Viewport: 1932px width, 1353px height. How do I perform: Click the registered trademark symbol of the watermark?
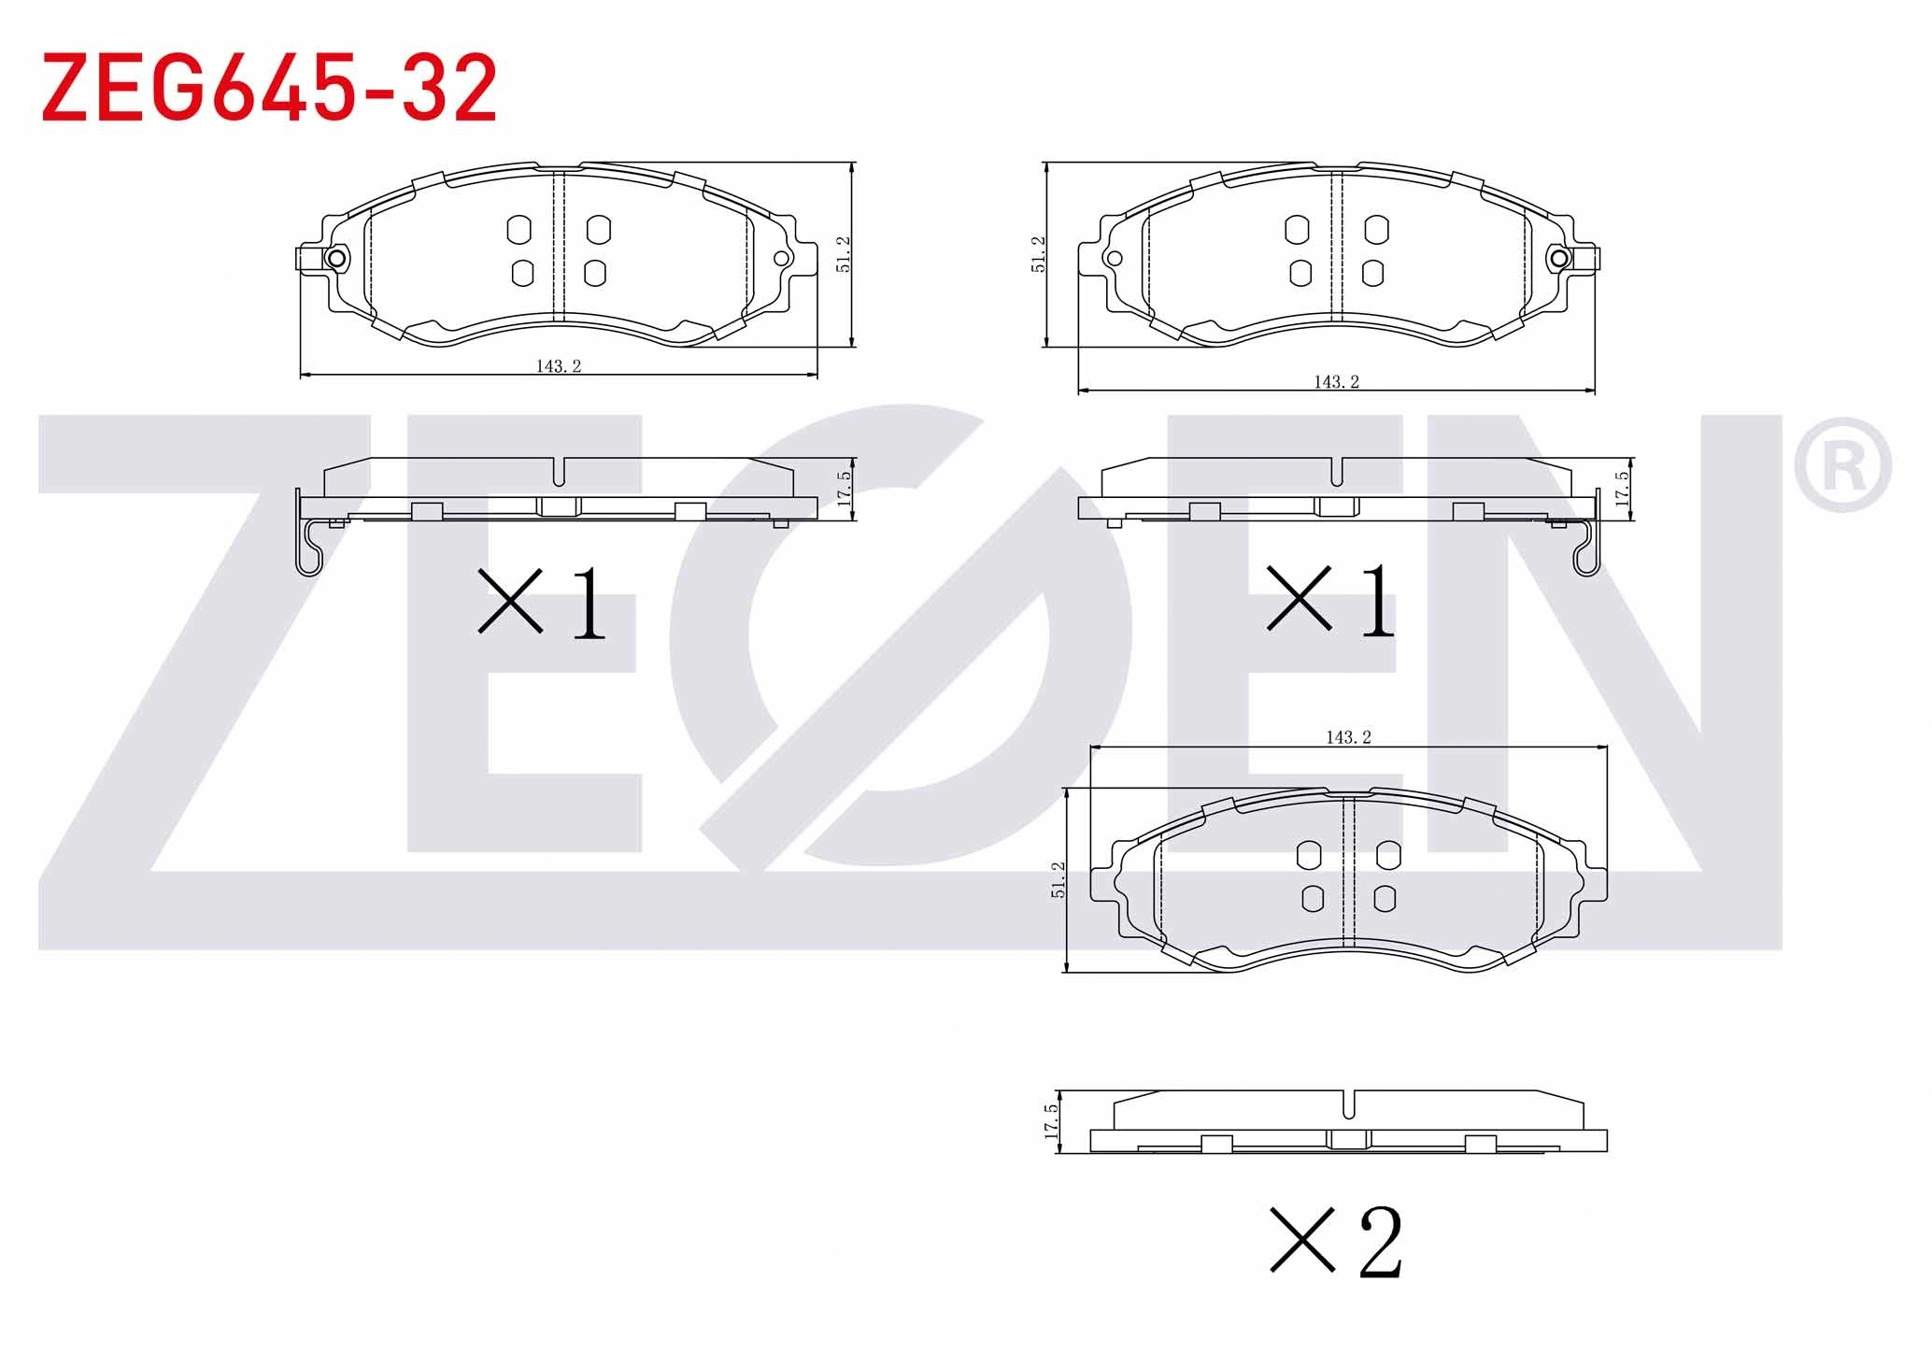click(x=1842, y=464)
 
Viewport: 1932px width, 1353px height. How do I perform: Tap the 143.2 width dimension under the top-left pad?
click(x=559, y=365)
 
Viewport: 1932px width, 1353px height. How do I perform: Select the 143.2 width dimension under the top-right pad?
click(x=1337, y=381)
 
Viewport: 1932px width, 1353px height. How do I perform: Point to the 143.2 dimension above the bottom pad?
click(x=1348, y=737)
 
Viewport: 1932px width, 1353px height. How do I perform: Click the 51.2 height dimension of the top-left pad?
click(x=844, y=254)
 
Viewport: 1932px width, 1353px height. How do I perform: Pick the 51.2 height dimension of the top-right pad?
click(x=1038, y=254)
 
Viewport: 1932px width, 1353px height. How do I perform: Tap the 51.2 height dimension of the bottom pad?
click(x=1058, y=879)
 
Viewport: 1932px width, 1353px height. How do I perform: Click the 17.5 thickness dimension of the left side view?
click(x=844, y=489)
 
